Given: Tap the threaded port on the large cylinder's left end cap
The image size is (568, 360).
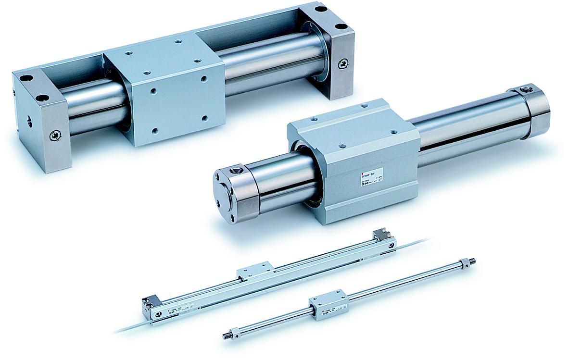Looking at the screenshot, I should pos(236,169).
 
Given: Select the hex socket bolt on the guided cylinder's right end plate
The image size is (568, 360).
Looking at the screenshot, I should pos(342,63).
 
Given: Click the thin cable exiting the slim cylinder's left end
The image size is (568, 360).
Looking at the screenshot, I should pos(129,328).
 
